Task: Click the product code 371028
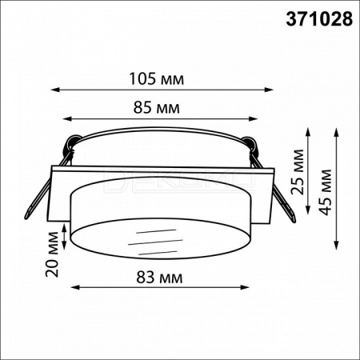[319, 19]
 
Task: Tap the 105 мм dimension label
[157, 79]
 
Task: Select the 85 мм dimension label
[157, 108]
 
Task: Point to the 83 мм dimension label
[159, 278]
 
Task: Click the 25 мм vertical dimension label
[298, 172]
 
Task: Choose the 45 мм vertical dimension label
[326, 192]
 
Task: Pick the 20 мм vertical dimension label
[52, 254]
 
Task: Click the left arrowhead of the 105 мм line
[54, 90]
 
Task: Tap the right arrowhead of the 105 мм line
[270, 90]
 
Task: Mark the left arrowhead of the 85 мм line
[66, 118]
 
